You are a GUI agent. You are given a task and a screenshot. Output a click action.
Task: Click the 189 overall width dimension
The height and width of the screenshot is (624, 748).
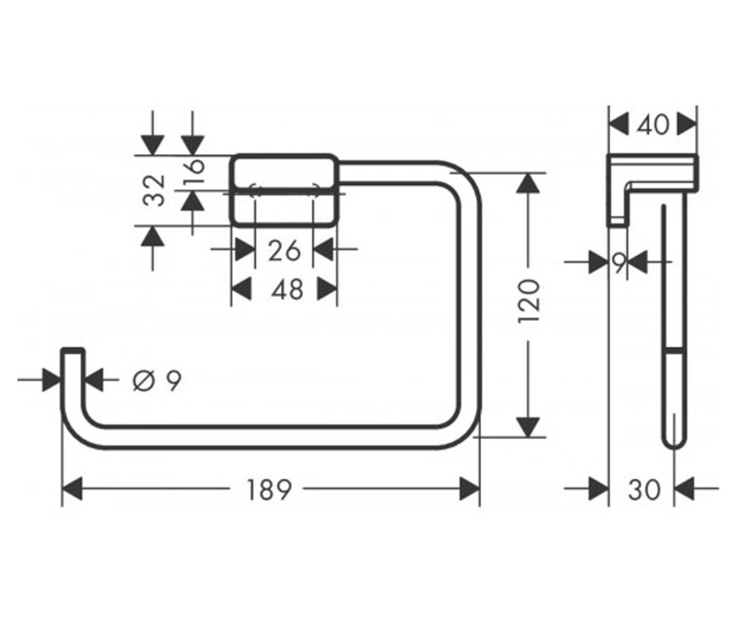[x=269, y=490]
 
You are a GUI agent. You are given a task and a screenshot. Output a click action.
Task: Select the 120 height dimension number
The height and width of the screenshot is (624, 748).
[x=529, y=301]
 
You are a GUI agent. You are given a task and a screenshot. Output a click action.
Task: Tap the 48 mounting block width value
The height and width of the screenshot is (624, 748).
[x=287, y=290]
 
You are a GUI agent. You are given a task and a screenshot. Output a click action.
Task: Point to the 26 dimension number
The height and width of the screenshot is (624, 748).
[x=284, y=251]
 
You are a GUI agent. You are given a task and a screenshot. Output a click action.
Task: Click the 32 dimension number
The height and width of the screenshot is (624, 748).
[x=154, y=190]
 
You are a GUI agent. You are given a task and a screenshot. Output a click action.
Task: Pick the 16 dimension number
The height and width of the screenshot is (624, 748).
[x=194, y=171]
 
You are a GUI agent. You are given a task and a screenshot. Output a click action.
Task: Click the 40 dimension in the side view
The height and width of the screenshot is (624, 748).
[x=653, y=125]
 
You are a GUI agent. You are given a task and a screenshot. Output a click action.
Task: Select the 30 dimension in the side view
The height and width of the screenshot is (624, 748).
[x=644, y=490]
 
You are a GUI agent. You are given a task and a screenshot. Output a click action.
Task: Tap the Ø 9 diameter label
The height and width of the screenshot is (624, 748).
[x=157, y=381]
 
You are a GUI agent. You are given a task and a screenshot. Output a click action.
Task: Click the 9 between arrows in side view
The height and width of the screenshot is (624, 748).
[x=620, y=263]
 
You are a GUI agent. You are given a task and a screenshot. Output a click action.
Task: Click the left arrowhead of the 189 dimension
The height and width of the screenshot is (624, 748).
[x=72, y=489]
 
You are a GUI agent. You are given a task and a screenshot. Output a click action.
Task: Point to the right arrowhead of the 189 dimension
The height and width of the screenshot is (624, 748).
[x=469, y=489]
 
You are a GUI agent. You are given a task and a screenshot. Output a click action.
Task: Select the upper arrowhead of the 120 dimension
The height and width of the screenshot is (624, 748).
[x=528, y=183]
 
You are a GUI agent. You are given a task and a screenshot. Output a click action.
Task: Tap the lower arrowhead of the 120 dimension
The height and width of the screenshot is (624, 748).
[x=528, y=427]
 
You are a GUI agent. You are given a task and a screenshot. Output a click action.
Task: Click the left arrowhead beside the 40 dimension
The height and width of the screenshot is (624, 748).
[x=619, y=124]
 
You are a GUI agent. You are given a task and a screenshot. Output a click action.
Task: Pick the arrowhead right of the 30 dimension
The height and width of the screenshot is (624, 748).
[x=684, y=489]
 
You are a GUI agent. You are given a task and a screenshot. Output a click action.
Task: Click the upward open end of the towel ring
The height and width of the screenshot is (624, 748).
[x=73, y=350]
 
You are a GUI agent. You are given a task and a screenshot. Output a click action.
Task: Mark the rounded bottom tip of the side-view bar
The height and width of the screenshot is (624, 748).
[x=674, y=448]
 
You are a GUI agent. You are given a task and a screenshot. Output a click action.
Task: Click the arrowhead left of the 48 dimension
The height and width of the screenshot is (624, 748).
[x=241, y=289]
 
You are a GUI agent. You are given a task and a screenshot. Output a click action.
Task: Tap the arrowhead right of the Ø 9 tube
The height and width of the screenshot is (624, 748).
[x=94, y=379]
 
